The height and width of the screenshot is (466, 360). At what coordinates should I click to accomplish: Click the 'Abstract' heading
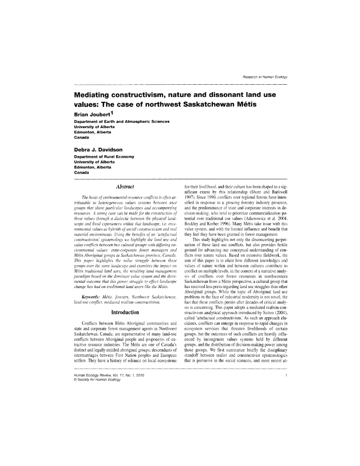click(122, 186)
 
